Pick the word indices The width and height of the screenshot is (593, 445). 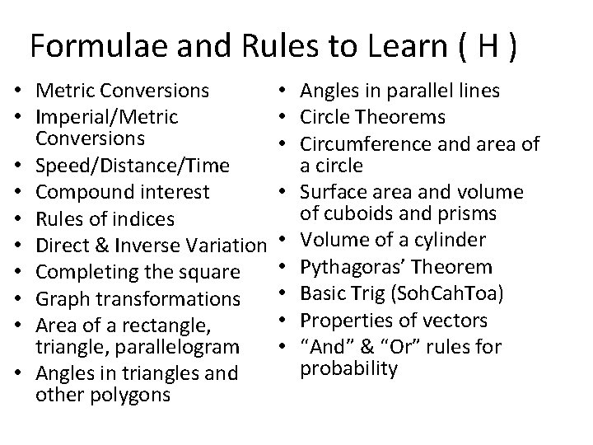(x=152, y=218)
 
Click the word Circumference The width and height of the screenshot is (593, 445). (x=376, y=144)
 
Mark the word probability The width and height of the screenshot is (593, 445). (x=350, y=368)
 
